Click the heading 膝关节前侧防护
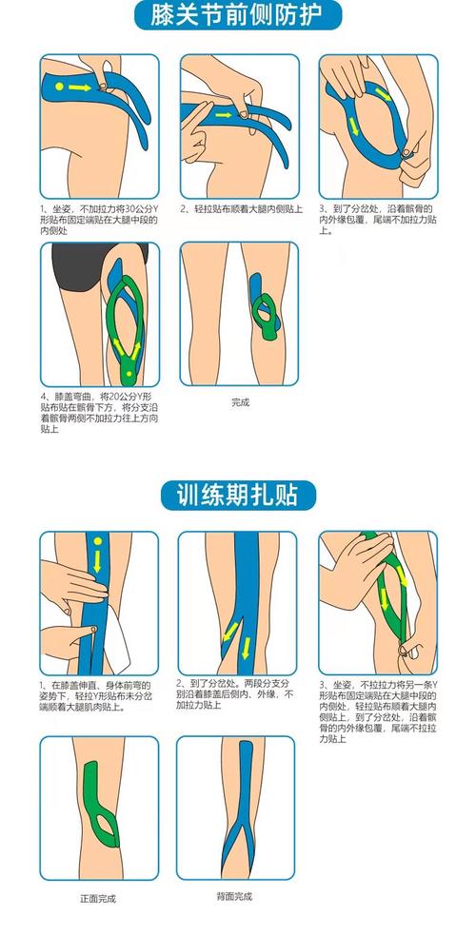coord(237,15)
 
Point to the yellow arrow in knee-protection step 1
coord(84,88)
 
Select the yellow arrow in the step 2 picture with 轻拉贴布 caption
coord(223,115)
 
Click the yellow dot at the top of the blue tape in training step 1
coord(96,542)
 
